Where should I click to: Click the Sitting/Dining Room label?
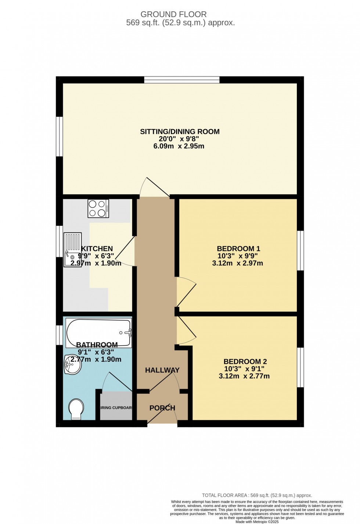coord(180,131)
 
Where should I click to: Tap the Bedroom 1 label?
coord(238,249)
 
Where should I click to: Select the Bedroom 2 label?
coord(245,361)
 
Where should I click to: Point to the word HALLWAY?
coord(162,370)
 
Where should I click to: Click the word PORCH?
coord(162,408)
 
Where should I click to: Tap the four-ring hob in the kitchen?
coord(98,208)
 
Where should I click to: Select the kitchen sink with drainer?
coord(72,249)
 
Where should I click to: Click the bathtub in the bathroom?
coord(98,333)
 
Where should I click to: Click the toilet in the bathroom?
coord(76,409)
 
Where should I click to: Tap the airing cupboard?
coord(116,406)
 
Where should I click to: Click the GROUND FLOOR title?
coord(173,14)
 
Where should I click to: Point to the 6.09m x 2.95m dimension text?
coord(179,146)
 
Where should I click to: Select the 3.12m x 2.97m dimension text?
coord(237,263)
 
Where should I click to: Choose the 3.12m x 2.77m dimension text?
coord(244,376)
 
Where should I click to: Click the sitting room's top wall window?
coord(182,80)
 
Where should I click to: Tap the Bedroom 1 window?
coord(300,250)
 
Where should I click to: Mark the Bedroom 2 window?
coord(300,367)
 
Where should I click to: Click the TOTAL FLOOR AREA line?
coord(257,495)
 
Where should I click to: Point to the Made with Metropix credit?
coord(257,522)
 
